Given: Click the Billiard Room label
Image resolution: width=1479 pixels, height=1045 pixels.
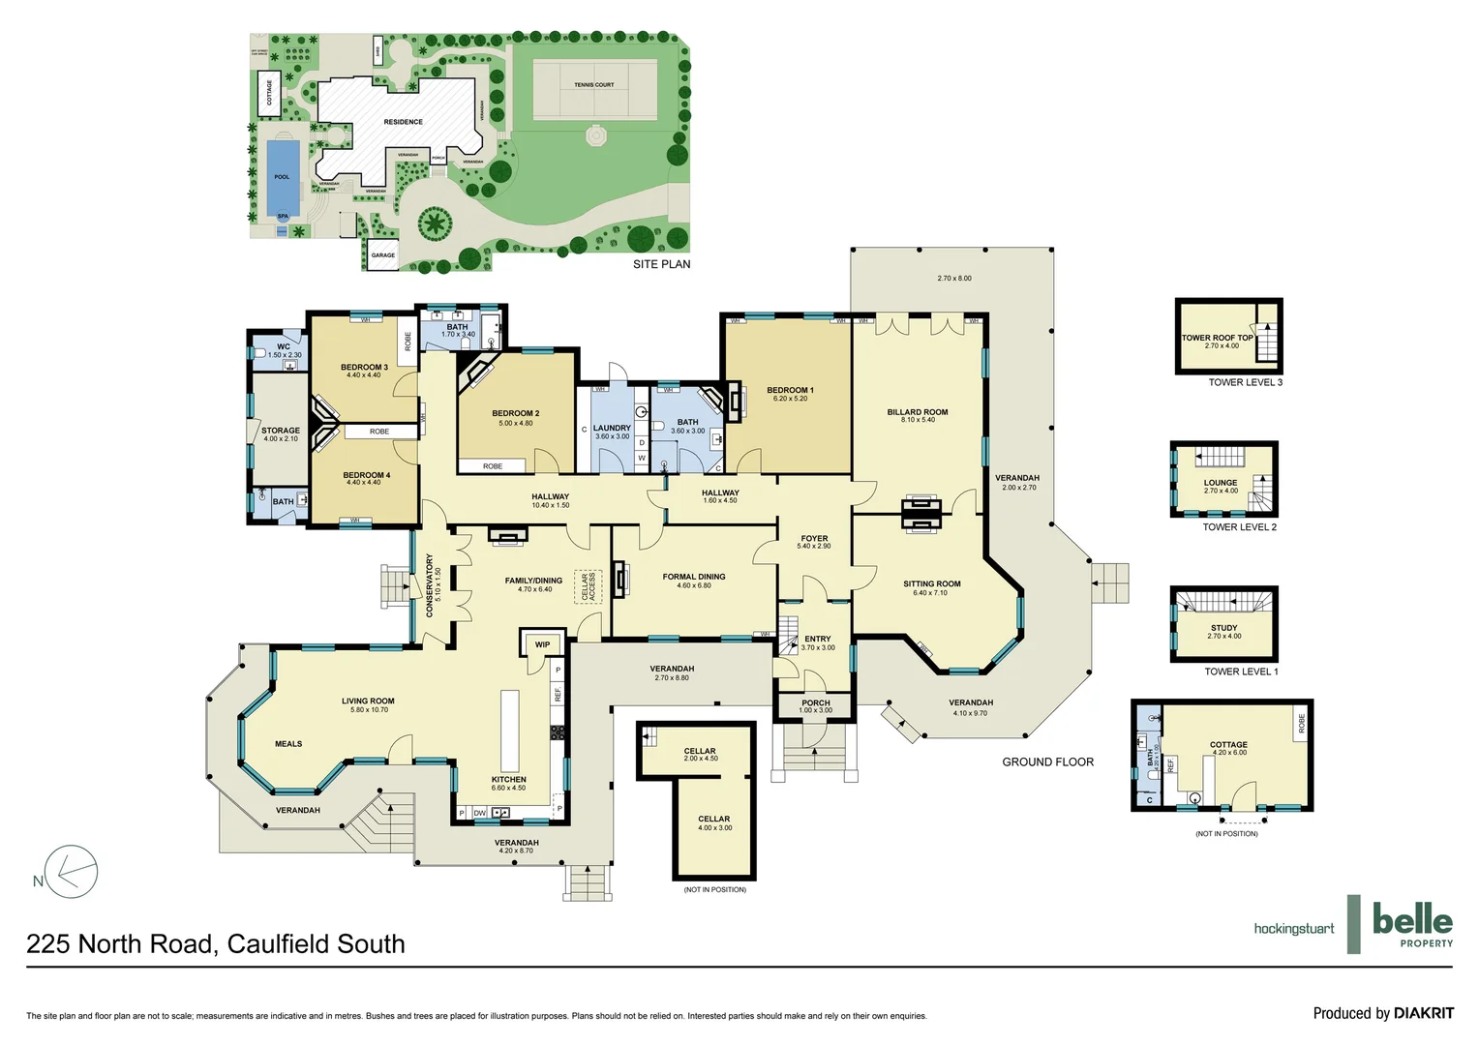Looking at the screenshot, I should pyautogui.click(x=917, y=413).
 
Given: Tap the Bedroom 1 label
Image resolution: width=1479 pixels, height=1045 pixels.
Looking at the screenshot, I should pyautogui.click(x=790, y=391).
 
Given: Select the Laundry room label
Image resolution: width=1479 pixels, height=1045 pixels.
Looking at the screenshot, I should pyautogui.click(x=612, y=429).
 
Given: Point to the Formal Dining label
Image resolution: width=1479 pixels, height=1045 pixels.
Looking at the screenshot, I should pyautogui.click(x=694, y=578).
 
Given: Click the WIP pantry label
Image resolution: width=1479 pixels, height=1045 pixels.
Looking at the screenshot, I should pyautogui.click(x=542, y=644).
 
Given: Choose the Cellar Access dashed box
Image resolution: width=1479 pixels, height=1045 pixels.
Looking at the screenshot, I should pyautogui.click(x=589, y=586).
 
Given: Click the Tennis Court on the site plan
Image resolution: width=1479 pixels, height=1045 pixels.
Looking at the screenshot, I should pyautogui.click(x=593, y=85).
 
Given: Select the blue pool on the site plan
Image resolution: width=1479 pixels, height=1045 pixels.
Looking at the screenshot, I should pyautogui.click(x=282, y=176).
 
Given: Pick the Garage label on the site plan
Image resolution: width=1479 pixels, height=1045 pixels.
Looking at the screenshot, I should pyautogui.click(x=383, y=255).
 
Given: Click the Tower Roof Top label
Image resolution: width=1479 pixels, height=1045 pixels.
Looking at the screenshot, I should pyautogui.click(x=1217, y=339).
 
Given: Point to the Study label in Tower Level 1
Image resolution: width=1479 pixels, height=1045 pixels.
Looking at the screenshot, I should pyautogui.click(x=1223, y=628).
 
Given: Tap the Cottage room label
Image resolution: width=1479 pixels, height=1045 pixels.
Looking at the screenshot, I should pyautogui.click(x=1228, y=745).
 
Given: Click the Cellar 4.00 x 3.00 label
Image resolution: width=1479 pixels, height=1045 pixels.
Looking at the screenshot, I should pyautogui.click(x=714, y=820).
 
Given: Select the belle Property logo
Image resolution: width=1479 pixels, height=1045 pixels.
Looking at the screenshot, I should pyautogui.click(x=1412, y=924).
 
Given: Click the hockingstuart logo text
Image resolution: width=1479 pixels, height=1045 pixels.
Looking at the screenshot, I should pyautogui.click(x=1293, y=929).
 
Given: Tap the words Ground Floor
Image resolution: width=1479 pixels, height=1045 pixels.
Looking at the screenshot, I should pyautogui.click(x=1047, y=762).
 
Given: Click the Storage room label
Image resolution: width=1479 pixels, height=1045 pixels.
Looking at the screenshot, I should pyautogui.click(x=281, y=431).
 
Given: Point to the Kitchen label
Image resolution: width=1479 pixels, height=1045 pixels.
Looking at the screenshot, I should pyautogui.click(x=508, y=780).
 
